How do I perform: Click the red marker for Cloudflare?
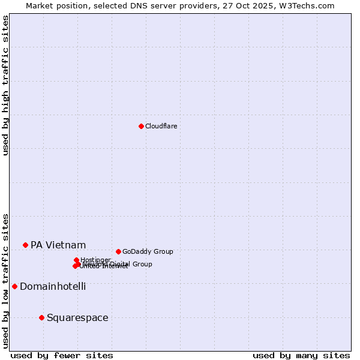tap(141, 126)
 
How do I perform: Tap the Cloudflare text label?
tap(161, 126)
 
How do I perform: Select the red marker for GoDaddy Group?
tap(118, 251)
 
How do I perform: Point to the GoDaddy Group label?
tap(148, 251)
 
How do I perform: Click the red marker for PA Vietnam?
tap(25, 245)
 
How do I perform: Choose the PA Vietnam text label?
tap(58, 245)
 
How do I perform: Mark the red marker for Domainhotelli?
tap(14, 286)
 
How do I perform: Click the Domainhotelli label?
tap(53, 286)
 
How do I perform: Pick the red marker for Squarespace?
tap(41, 317)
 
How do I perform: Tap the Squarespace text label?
tap(77, 317)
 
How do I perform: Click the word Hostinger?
tap(95, 260)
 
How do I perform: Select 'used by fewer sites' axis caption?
tap(62, 355)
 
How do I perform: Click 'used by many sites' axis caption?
tap(301, 355)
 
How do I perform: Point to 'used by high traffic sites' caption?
tap(5, 85)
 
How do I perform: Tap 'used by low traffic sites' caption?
tap(5, 281)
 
